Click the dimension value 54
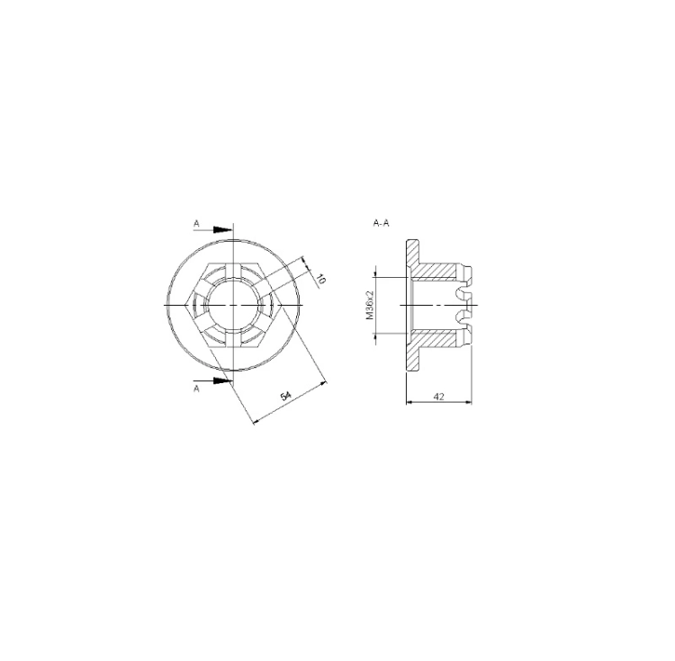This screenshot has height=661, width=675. coord(286,395)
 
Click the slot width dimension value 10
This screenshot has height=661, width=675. coord(319,279)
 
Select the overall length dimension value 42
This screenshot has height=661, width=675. coord(438,396)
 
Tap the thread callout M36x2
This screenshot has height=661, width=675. coord(370,305)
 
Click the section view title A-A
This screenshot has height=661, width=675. coord(381,223)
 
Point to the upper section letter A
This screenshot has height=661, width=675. coord(197,224)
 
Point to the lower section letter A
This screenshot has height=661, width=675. coord(197,389)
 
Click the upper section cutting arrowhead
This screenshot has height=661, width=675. coord(223,230)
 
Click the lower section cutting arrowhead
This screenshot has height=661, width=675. coord(223,380)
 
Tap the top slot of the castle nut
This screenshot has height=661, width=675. coord(233,271)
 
